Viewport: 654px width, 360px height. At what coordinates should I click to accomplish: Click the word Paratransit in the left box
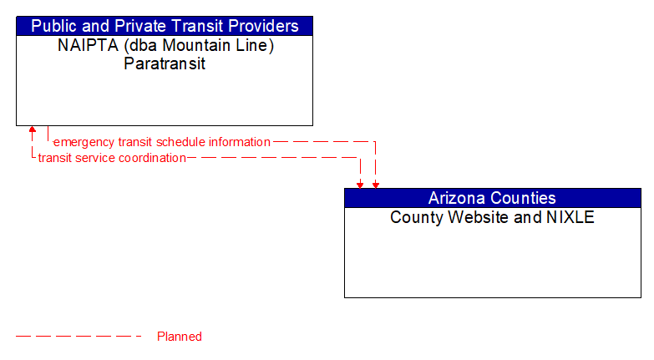165,63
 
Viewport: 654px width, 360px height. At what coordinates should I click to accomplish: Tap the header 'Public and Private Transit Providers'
165,26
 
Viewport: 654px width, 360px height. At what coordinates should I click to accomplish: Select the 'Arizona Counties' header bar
492,198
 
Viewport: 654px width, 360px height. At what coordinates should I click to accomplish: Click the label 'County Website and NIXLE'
492,217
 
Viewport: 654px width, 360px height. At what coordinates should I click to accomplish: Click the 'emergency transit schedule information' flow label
162,142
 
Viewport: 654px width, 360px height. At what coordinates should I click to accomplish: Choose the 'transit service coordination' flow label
112,157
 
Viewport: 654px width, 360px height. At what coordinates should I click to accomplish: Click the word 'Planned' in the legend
180,337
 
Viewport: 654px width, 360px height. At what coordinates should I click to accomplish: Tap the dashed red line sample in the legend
79,337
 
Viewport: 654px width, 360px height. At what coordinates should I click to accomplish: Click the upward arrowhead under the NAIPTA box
33,131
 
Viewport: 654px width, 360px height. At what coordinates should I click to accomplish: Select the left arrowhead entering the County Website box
360,184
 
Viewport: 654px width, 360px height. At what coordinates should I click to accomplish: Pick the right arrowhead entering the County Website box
375,184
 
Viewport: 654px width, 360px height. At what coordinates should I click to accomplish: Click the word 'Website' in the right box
469,217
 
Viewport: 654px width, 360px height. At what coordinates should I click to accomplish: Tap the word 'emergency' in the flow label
84,142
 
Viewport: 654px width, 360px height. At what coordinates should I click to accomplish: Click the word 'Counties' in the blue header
523,198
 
